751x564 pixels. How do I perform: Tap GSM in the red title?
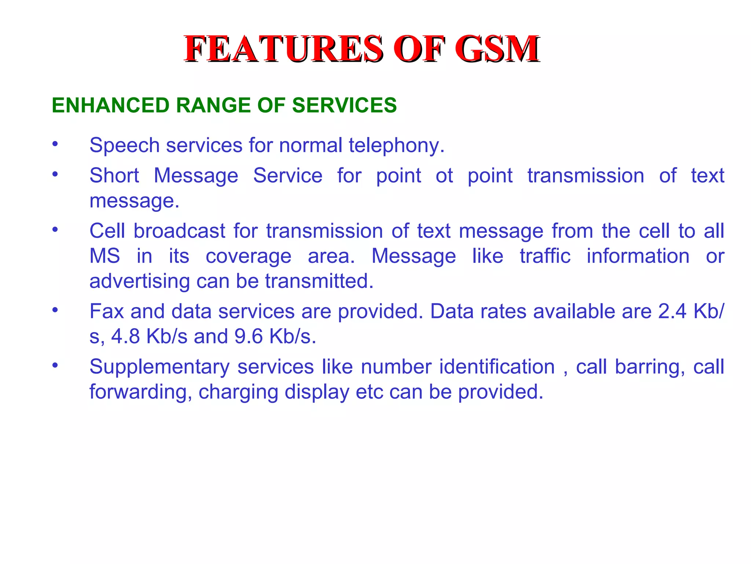pyautogui.click(x=497, y=49)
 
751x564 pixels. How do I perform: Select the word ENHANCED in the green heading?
pyautogui.click(x=110, y=105)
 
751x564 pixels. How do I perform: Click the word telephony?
pyautogui.click(x=396, y=146)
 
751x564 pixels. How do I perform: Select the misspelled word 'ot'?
pyautogui.click(x=444, y=176)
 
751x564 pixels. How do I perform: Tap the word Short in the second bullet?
pyautogui.click(x=114, y=176)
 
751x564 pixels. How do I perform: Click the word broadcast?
pyautogui.click(x=179, y=231)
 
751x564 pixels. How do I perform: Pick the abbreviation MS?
pyautogui.click(x=105, y=256)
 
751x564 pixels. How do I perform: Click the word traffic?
pyautogui.click(x=545, y=256)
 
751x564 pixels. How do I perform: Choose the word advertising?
pyautogui.click(x=140, y=282)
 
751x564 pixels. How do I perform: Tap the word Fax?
pyautogui.click(x=107, y=311)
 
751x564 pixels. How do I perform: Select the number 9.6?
pyautogui.click(x=249, y=336)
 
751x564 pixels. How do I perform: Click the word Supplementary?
pyautogui.click(x=160, y=367)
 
